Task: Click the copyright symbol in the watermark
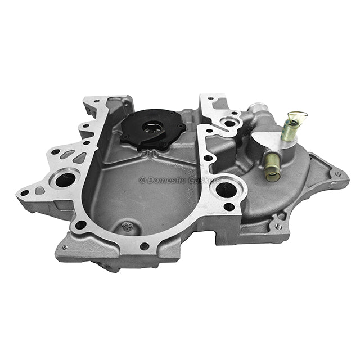pyautogui.click(x=142, y=180)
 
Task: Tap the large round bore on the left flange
pyautogui.click(x=65, y=179)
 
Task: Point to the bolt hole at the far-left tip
pyautogui.click(x=24, y=192)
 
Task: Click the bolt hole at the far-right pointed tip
pyautogui.click(x=337, y=174)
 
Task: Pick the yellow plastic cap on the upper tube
pyautogui.click(x=299, y=116)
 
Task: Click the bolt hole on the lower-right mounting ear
pyautogui.click(x=278, y=226)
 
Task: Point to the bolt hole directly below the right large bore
pyautogui.click(x=229, y=207)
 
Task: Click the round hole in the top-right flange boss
pyautogui.click(x=230, y=123)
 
